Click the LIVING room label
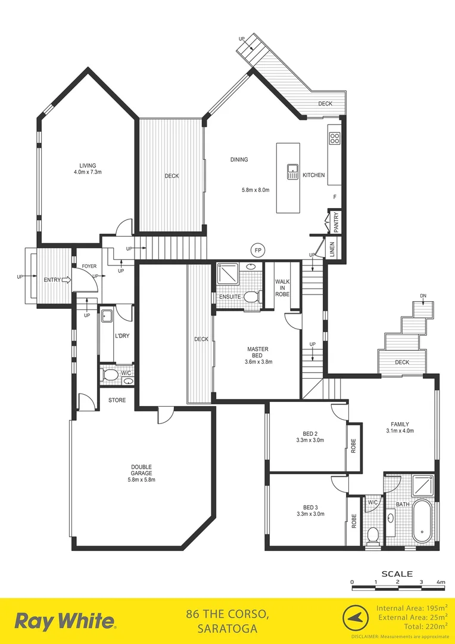(88, 166)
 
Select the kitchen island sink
(292, 172)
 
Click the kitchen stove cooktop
(334, 139)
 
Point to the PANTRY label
(336, 222)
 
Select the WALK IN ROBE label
(282, 287)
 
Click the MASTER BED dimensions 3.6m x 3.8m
(257, 362)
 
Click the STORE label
(117, 400)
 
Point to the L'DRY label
(121, 336)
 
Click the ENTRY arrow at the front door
(66, 279)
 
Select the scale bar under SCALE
(397, 588)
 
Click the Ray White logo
(65, 621)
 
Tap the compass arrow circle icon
(354, 618)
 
